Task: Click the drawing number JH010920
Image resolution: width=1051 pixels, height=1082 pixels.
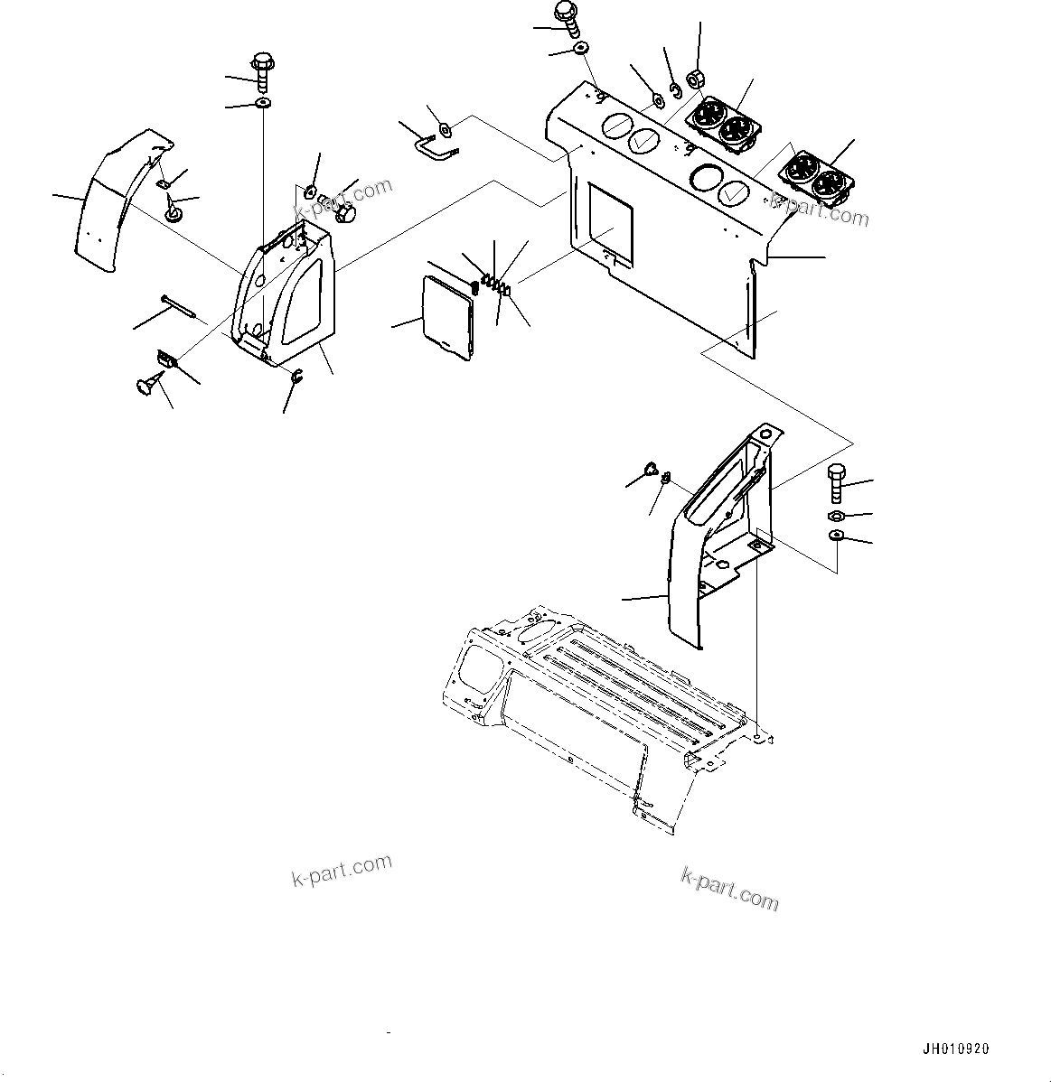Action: tap(955, 1049)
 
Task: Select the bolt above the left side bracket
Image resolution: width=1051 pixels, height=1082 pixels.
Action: tap(263, 71)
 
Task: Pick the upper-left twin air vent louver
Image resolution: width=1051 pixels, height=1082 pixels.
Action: tap(724, 122)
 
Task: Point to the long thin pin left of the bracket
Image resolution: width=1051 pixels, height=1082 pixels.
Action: tap(177, 304)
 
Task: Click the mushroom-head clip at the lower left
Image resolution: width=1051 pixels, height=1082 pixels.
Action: tap(143, 387)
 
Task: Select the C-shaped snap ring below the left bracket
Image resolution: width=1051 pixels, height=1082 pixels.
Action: tap(296, 378)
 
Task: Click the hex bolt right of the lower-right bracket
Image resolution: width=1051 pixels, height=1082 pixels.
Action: tap(836, 483)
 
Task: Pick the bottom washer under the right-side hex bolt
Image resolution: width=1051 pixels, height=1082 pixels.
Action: tap(836, 536)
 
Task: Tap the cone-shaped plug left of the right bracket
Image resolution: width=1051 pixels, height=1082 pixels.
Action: tap(648, 468)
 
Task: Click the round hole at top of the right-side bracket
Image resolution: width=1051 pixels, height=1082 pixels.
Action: tap(766, 434)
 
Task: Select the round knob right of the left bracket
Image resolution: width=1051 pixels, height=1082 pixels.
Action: tap(345, 214)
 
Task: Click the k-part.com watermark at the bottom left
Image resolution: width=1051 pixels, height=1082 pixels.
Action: tap(342, 869)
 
